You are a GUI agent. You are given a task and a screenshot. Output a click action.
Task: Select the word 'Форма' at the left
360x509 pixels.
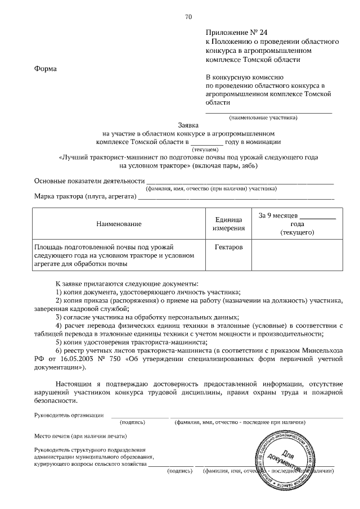pos(45,69)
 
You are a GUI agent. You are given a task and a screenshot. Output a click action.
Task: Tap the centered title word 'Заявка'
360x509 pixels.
pos(188,126)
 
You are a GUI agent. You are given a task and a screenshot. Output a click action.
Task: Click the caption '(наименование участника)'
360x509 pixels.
pos(263,118)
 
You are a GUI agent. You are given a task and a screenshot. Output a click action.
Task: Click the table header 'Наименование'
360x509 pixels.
pos(119,224)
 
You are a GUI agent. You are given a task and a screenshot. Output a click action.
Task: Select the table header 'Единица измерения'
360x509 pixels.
pos(228,224)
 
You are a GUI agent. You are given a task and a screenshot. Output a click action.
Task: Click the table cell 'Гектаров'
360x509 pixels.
pos(228,247)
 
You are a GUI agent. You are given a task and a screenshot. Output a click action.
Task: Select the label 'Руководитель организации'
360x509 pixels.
pos(69,415)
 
